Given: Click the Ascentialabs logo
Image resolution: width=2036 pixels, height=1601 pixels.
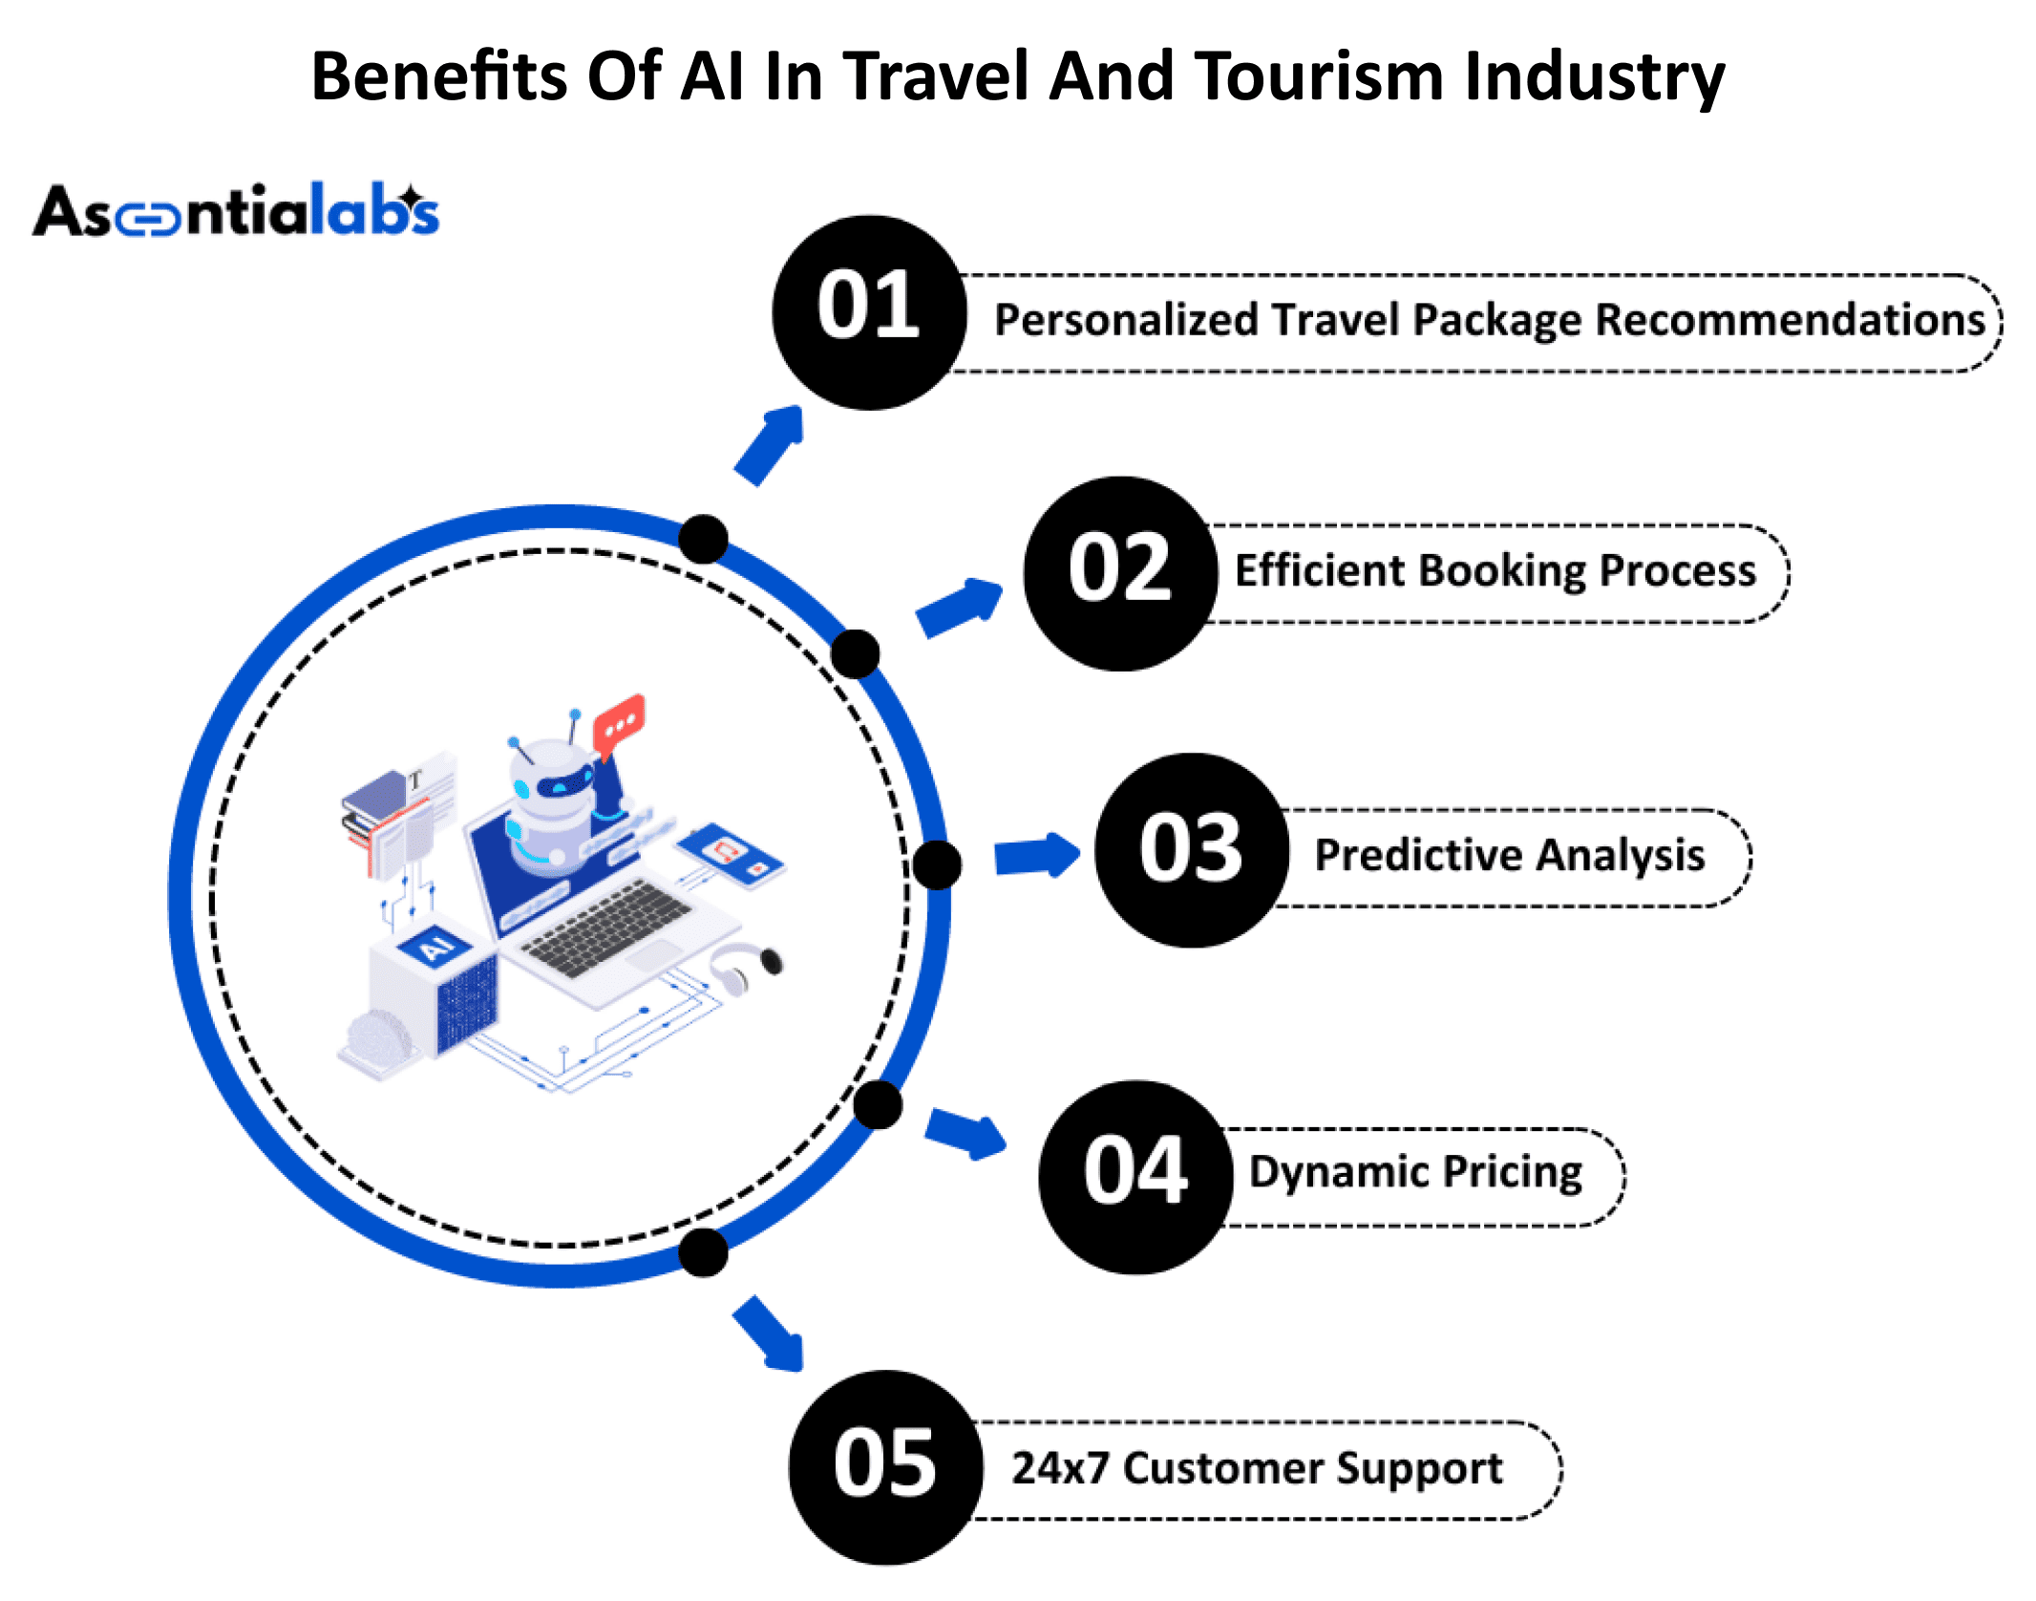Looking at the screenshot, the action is [236, 210].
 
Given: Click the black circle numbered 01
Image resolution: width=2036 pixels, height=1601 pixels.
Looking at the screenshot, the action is [869, 312].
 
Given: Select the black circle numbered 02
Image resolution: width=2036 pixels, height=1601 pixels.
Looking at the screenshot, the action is [1120, 573].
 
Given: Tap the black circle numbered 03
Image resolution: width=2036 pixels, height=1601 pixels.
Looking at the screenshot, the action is [1192, 850].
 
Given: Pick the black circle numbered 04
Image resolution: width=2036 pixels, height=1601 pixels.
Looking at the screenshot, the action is [1136, 1177].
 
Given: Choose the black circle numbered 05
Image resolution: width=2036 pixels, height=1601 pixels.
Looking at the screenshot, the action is [886, 1467].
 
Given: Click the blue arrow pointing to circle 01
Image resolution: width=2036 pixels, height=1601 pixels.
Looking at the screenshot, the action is [770, 445].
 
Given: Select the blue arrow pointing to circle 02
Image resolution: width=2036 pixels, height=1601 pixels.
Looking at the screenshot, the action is [960, 607].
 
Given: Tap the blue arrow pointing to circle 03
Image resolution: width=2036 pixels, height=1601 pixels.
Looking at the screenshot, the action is [1037, 855].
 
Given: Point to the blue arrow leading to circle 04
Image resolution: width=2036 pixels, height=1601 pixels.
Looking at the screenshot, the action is [966, 1134].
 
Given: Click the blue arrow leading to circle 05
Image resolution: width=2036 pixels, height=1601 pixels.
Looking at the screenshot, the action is [769, 1334].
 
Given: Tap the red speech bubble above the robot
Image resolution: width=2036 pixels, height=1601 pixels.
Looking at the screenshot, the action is [619, 721].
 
